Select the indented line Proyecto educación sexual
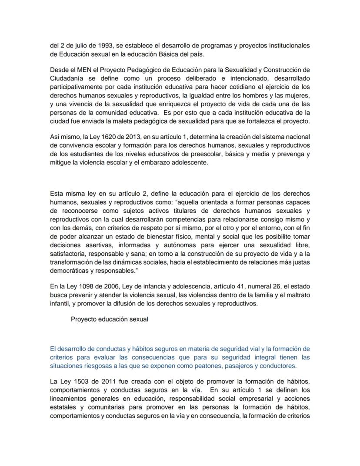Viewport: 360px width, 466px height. [110, 319]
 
